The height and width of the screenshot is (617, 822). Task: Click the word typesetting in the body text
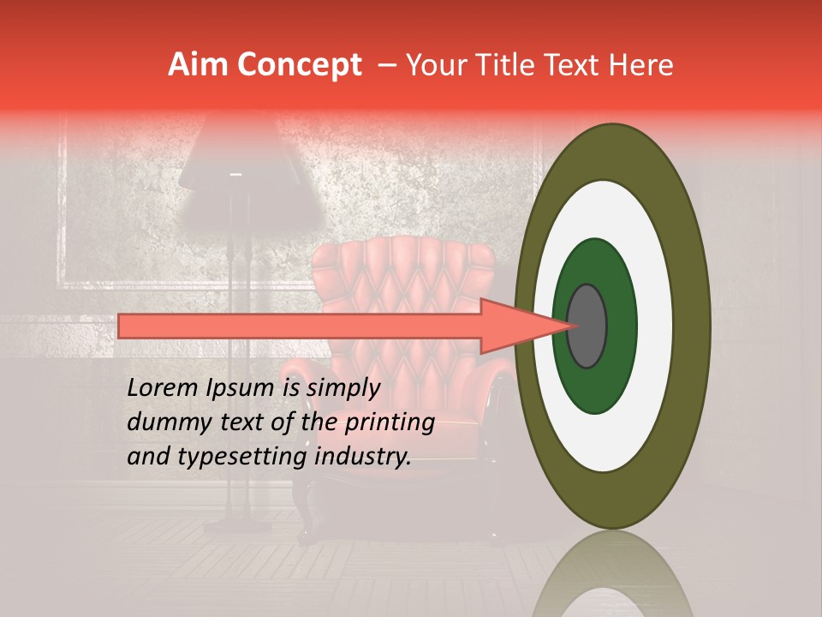point(226,457)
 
